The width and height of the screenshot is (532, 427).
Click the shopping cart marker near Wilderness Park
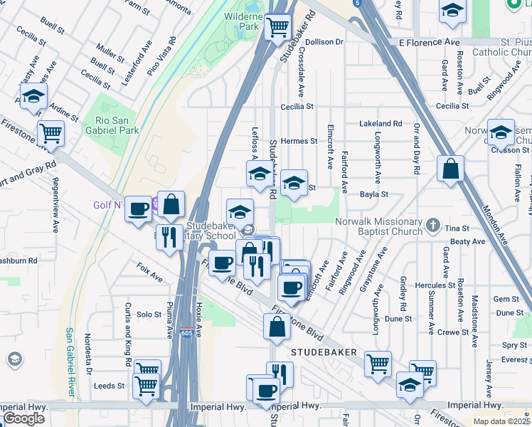pos(278,28)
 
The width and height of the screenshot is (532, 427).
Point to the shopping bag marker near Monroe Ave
pos(450,169)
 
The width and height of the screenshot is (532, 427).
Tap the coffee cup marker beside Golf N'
pos(139,209)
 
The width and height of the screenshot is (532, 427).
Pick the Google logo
pos(23,418)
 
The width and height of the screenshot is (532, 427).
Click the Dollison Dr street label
pos(324,42)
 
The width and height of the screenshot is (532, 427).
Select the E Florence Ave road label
pos(429,43)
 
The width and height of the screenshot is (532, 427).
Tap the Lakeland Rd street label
pos(381,123)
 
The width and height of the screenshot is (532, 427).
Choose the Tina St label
pos(457,228)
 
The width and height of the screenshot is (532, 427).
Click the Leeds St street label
pos(110,386)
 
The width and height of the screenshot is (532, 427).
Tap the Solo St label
pos(149,314)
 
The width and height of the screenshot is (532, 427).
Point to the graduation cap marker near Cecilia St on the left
pos(33,97)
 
